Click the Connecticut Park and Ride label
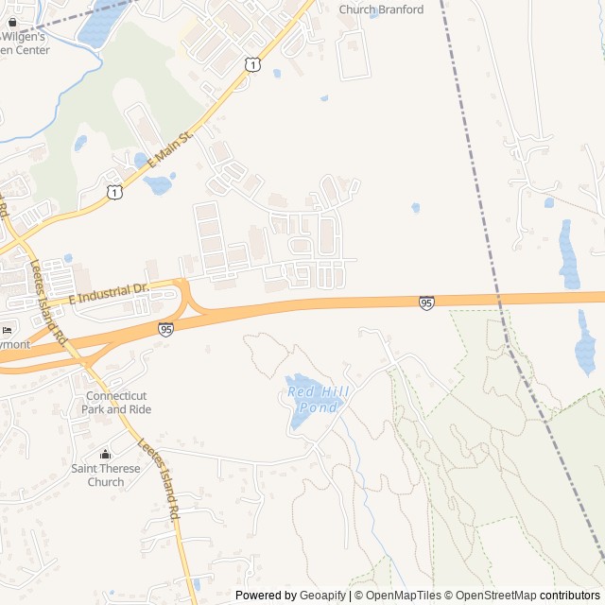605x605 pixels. pos(115,403)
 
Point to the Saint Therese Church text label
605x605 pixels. pos(106,475)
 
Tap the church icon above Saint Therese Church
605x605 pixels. pos(106,455)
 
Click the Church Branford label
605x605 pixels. pos(381,9)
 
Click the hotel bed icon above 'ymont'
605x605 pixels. pos(8,330)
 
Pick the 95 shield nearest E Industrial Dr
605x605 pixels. pos(166,329)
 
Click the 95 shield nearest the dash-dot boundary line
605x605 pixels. pos(426,302)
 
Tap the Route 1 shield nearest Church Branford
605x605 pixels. pos(251,63)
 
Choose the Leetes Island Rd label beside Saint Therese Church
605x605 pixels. pos(160,481)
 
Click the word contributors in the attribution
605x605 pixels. pos(570,596)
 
